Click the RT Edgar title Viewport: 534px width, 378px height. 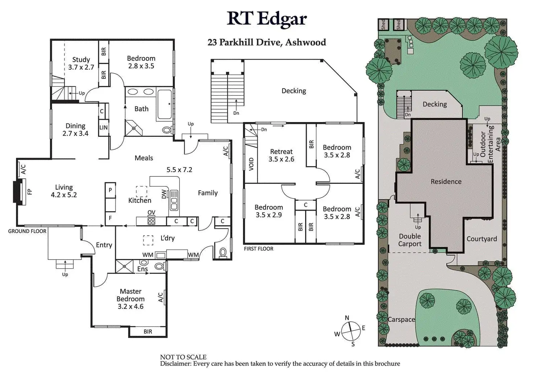click(x=267, y=19)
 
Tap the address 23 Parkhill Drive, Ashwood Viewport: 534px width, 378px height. click(x=267, y=42)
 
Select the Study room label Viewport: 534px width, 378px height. click(x=81, y=60)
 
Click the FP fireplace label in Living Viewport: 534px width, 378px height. click(x=30, y=191)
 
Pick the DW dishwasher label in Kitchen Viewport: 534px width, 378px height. click(x=164, y=195)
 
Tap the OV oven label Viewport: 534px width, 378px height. click(x=151, y=212)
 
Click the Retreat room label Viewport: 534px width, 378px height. click(x=281, y=152)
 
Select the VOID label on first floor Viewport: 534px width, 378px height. click(x=251, y=164)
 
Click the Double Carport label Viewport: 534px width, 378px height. click(x=410, y=240)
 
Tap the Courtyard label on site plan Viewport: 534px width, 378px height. click(x=482, y=239)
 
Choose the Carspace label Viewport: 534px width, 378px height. click(x=401, y=320)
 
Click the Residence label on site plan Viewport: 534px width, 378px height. click(x=446, y=182)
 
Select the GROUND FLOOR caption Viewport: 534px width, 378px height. click(x=27, y=231)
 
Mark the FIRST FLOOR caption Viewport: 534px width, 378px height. click(x=259, y=249)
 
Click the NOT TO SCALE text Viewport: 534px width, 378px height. click(x=183, y=357)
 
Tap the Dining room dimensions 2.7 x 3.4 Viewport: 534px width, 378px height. click(x=75, y=134)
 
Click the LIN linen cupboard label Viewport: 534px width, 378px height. click(x=104, y=128)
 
